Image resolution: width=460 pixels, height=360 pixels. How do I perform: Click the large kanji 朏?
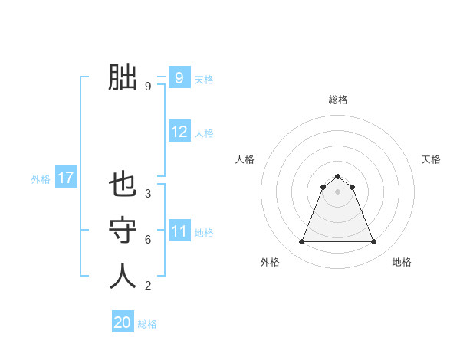(x=123, y=77)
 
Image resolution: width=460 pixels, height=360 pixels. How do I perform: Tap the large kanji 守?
(x=123, y=231)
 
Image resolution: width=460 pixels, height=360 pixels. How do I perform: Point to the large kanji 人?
(x=123, y=277)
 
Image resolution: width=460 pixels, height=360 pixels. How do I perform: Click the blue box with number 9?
(x=179, y=78)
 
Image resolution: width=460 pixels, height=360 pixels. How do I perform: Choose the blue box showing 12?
(x=179, y=132)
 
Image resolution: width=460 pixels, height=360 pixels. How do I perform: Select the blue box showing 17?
(x=65, y=178)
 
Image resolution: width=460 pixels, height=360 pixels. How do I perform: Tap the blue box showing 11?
(x=179, y=231)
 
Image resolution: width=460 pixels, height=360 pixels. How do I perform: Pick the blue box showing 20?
(x=123, y=322)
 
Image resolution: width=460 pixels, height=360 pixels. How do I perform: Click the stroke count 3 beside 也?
(x=148, y=194)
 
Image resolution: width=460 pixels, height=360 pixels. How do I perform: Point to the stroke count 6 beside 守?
(x=148, y=240)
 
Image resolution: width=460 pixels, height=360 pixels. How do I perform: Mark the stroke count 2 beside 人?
(x=148, y=286)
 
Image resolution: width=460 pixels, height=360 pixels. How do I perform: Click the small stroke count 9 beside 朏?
(x=148, y=87)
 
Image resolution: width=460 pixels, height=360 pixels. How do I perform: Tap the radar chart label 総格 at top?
(x=337, y=100)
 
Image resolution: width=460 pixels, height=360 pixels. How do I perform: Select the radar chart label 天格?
(x=431, y=159)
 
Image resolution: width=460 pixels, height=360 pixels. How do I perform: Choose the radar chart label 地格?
(x=402, y=262)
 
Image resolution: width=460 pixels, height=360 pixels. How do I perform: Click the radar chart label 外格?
(x=270, y=262)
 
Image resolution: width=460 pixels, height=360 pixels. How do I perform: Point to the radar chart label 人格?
(x=245, y=159)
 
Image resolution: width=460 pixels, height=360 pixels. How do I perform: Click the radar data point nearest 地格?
(x=373, y=242)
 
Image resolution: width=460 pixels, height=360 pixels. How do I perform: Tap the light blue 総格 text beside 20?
(x=147, y=324)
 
